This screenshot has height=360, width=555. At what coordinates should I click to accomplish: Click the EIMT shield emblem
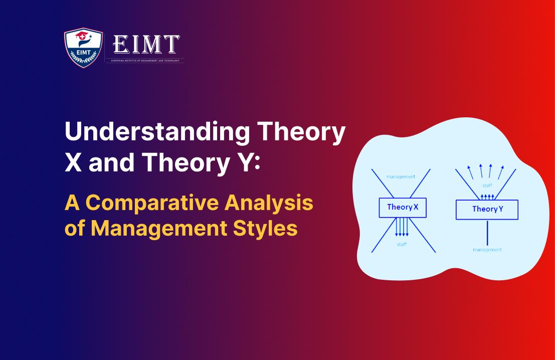tap(83, 48)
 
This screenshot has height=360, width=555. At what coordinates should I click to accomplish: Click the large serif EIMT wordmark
tap(146, 46)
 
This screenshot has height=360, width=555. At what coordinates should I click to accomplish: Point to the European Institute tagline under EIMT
tap(145, 60)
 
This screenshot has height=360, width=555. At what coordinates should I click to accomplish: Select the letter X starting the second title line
tap(73, 163)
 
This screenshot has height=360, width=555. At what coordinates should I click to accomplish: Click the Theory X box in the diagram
tap(403, 207)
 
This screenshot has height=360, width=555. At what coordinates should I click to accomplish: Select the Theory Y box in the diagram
tap(487, 210)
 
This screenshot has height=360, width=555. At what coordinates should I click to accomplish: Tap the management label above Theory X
tap(401, 176)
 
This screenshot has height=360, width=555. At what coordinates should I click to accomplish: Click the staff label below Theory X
tap(402, 244)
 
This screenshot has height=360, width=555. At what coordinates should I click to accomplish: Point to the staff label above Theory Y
tap(487, 186)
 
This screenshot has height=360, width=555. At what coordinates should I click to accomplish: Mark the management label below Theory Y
tap(487, 249)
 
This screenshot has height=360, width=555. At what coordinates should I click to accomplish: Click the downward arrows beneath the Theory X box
tap(402, 227)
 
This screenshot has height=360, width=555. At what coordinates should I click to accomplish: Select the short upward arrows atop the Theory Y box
tap(487, 196)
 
